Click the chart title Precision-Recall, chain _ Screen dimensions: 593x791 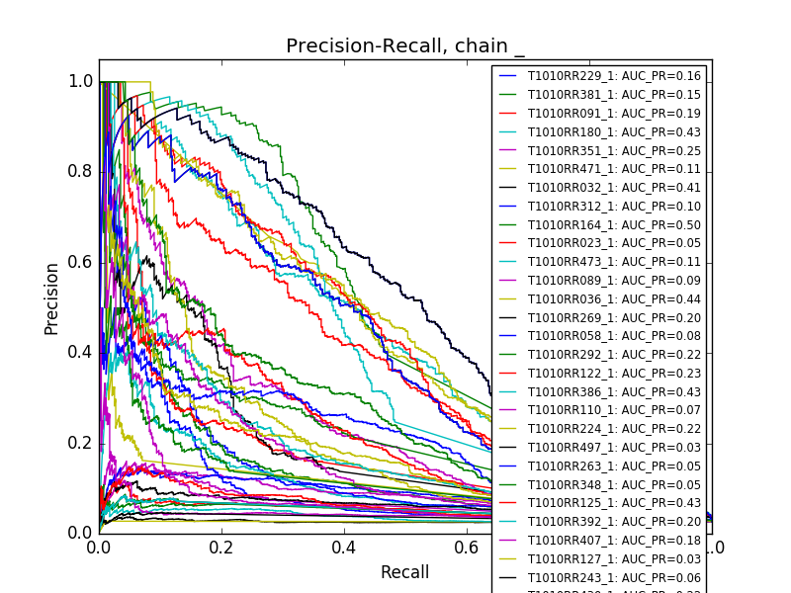coord(405,46)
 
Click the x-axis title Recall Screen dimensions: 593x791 coord(405,572)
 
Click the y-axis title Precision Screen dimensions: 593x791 coord(51,297)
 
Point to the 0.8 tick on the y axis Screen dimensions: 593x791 coord(81,172)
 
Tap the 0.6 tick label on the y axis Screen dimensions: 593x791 coord(81,262)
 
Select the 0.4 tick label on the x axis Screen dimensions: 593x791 coord(344,547)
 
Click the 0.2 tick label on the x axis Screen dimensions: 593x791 coord(221,547)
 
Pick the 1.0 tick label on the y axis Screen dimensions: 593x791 coord(81,82)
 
